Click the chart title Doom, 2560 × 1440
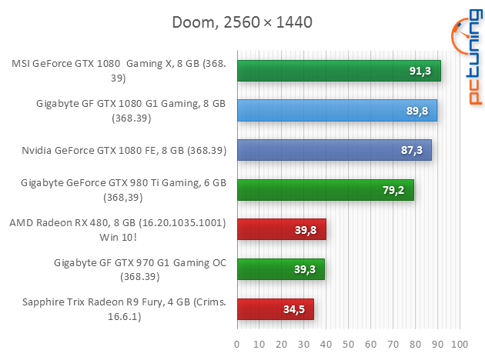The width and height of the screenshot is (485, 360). click(242, 22)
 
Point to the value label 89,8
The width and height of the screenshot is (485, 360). click(416, 111)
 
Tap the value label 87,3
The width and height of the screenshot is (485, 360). click(410, 150)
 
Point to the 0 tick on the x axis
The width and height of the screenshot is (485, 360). click(237, 342)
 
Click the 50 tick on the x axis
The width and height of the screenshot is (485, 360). click(349, 342)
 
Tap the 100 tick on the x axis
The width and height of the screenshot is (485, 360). click(460, 342)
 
